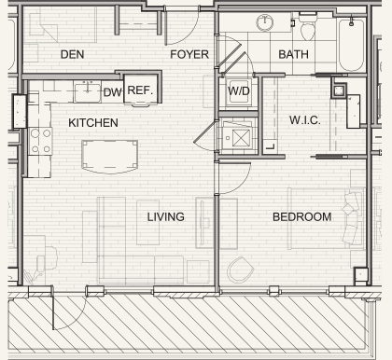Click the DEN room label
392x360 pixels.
click(x=72, y=54)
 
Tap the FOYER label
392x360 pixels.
click(x=189, y=54)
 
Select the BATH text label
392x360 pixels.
click(x=293, y=54)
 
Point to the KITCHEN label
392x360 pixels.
click(x=93, y=123)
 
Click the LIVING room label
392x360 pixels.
click(x=165, y=216)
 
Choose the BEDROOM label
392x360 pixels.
click(x=301, y=216)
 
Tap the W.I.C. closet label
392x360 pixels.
click(x=305, y=120)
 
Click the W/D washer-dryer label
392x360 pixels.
click(x=239, y=91)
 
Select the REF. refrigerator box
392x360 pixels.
click(x=140, y=90)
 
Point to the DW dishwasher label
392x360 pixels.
click(x=112, y=92)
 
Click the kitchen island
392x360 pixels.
click(x=109, y=157)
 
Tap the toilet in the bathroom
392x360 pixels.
click(x=308, y=27)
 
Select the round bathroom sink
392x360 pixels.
click(x=265, y=22)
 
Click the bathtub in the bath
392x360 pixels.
click(x=351, y=45)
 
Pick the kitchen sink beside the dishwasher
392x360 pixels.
click(x=88, y=91)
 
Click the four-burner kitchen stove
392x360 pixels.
click(x=40, y=142)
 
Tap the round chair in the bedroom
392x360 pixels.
click(x=240, y=270)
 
